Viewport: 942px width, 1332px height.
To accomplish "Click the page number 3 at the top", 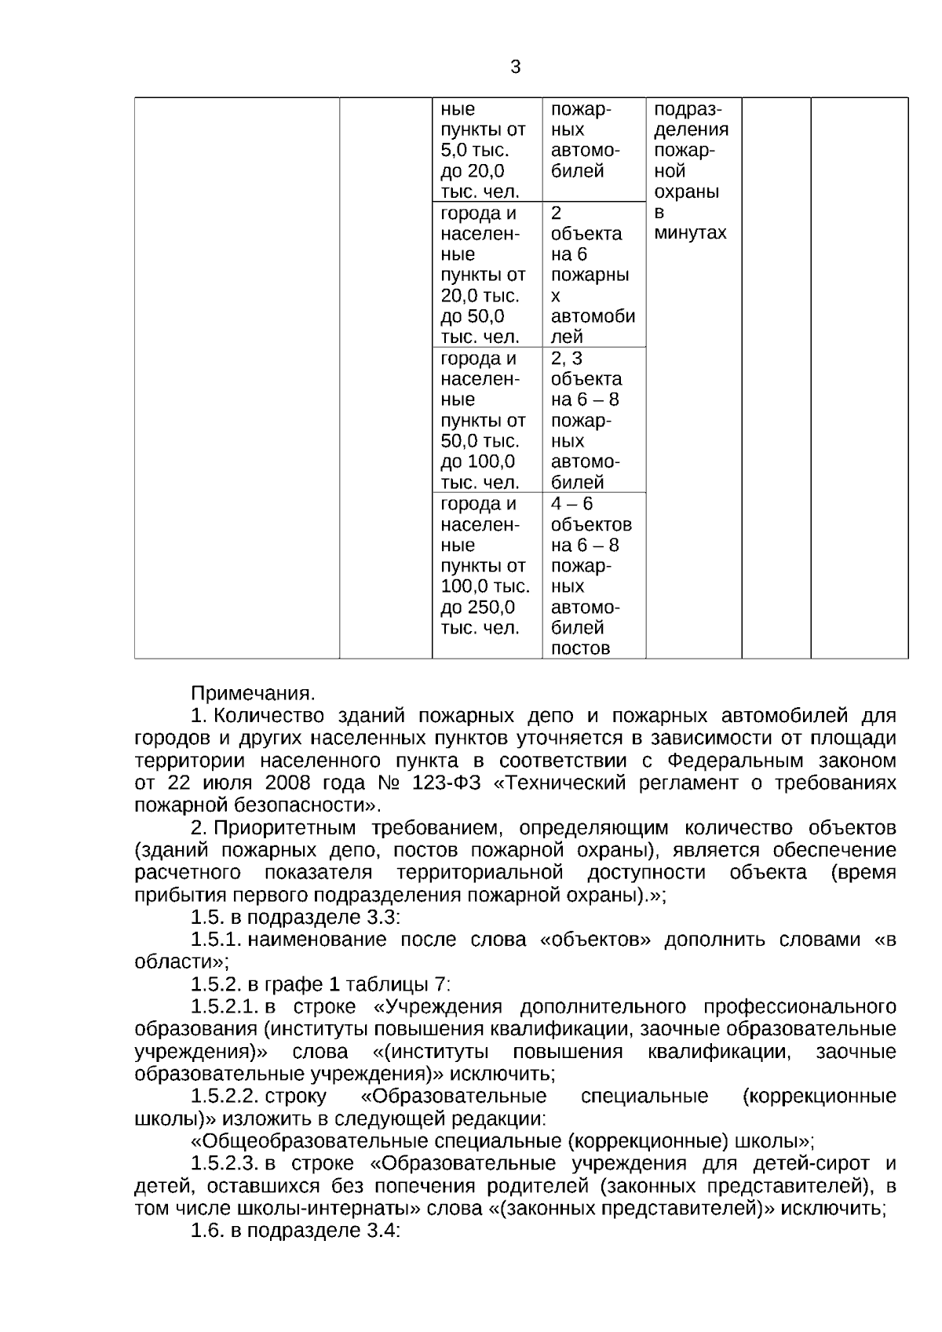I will coord(515,68).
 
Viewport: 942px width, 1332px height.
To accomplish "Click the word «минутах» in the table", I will coord(690,233).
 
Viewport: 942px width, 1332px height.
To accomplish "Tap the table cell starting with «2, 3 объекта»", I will coord(593,420).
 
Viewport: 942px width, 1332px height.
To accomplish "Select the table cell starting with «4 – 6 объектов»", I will coord(593,575).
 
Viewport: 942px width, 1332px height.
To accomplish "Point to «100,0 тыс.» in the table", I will coord(484,586).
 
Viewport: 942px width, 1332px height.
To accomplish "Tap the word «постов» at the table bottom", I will coord(580,648).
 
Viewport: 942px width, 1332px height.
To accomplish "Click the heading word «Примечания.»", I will coord(253,693).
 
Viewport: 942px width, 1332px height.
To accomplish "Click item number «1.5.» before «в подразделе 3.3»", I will coord(207,917).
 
